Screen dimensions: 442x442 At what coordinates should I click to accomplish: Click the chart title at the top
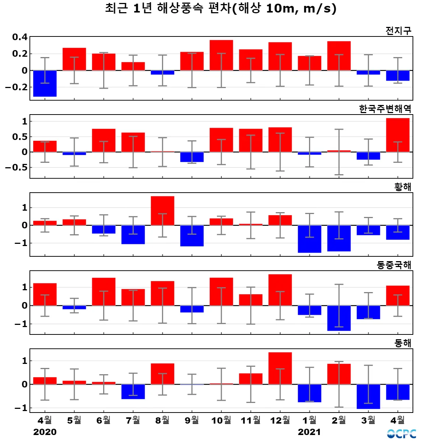pyautogui.click(x=221, y=8)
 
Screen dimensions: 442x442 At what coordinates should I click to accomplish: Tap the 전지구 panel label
pyautogui.click(x=398, y=31)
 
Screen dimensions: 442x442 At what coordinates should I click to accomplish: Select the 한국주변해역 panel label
pyautogui.click(x=385, y=109)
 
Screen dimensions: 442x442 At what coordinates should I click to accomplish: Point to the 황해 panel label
pyautogui.click(x=403, y=187)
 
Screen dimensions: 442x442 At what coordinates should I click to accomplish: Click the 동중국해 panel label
pyautogui.click(x=394, y=265)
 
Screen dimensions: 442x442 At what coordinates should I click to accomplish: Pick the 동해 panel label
pyautogui.click(x=403, y=343)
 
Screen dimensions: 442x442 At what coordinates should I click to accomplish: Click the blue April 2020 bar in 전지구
pyautogui.click(x=45, y=84)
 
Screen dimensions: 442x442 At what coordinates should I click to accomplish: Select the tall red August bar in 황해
pyautogui.click(x=162, y=211)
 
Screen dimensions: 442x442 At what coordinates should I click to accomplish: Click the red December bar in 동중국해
pyautogui.click(x=280, y=290)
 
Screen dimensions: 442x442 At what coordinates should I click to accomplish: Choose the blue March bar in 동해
pyautogui.click(x=368, y=396)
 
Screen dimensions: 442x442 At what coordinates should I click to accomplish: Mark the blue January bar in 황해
pyautogui.click(x=309, y=239)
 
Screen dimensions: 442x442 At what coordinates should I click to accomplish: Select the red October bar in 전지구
pyautogui.click(x=221, y=55)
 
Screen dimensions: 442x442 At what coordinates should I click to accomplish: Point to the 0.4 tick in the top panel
pyautogui.click(x=20, y=37)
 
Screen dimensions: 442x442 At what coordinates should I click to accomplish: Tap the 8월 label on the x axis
pyautogui.click(x=162, y=420)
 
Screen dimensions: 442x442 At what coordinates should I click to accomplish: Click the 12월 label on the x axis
pyautogui.click(x=280, y=420)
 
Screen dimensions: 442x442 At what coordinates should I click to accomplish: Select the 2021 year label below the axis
pyautogui.click(x=309, y=432)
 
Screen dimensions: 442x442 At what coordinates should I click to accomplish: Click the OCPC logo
pyautogui.click(x=401, y=434)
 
